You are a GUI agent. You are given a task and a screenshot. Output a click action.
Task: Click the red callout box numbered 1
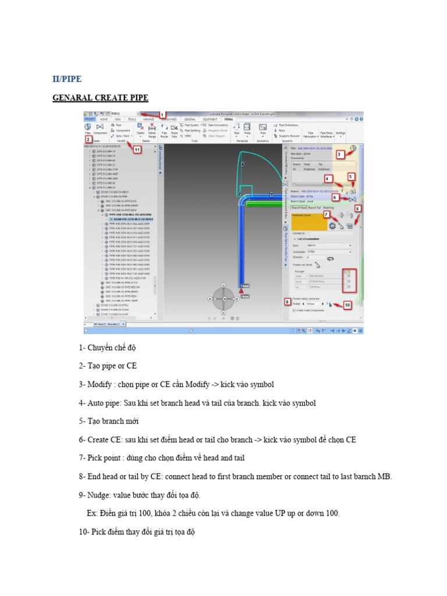(162, 115)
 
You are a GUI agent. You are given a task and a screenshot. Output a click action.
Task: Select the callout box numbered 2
(88, 140)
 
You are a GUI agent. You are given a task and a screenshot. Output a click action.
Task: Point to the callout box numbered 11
(137, 150)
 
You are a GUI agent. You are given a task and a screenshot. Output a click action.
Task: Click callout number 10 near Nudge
(347, 305)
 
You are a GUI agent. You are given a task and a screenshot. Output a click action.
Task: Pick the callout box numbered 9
(287, 301)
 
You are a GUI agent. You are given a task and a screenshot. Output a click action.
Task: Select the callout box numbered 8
(357, 208)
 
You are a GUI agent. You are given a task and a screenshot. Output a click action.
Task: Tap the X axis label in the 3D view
(243, 165)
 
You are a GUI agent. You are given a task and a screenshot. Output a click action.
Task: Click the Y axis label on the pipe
(271, 194)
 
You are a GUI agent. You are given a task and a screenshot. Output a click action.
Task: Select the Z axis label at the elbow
(239, 194)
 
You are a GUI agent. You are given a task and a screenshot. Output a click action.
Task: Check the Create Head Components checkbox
(294, 311)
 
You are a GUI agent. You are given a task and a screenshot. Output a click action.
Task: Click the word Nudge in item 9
(101, 495)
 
